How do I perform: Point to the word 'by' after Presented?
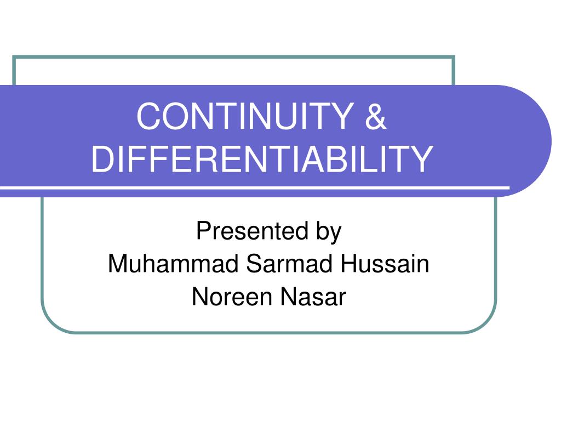[328, 232]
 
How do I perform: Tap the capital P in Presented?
[202, 231]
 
